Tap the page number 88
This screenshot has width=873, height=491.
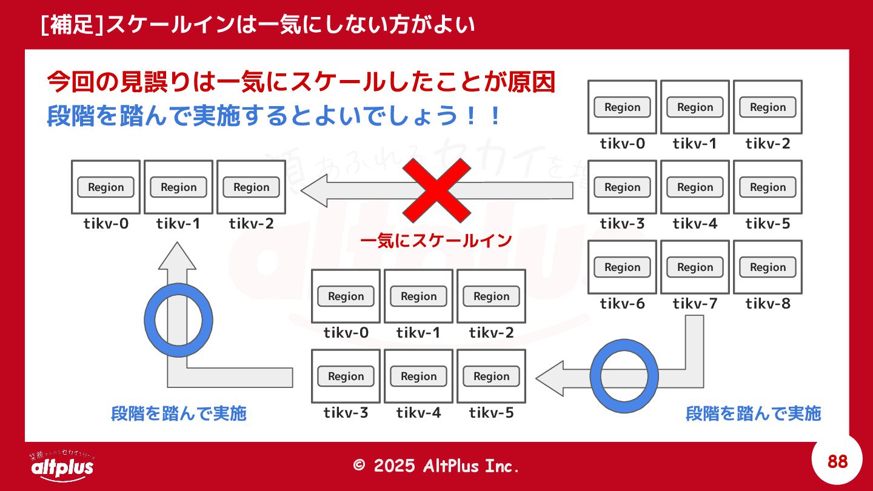pyautogui.click(x=837, y=462)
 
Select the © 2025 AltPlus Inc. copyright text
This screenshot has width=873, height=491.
pyautogui.click(x=436, y=466)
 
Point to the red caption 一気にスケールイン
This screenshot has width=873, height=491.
pyautogui.click(x=436, y=241)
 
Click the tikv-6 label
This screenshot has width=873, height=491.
pyautogui.click(x=622, y=304)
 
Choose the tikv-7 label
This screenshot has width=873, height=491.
pyautogui.click(x=695, y=304)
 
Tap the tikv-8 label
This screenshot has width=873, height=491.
pyautogui.click(x=768, y=304)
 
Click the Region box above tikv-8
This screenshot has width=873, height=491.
pyautogui.click(x=768, y=267)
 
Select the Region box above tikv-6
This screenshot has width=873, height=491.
pyautogui.click(x=622, y=267)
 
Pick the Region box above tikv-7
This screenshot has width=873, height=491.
pyautogui.click(x=695, y=267)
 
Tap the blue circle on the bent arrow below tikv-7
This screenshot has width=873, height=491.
pyautogui.click(x=624, y=376)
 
